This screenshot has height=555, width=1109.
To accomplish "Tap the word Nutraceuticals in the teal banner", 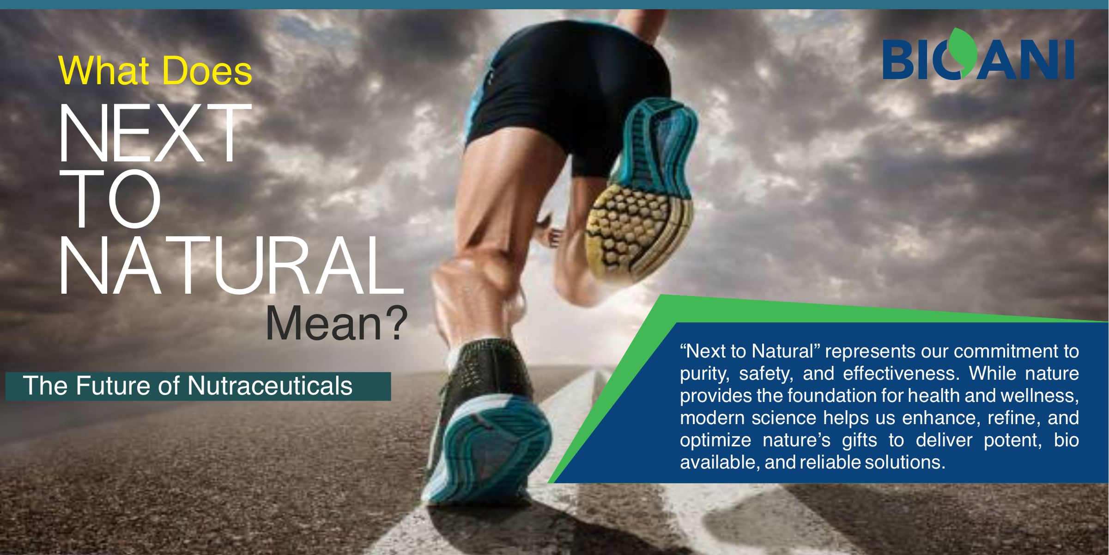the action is click(x=270, y=386).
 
